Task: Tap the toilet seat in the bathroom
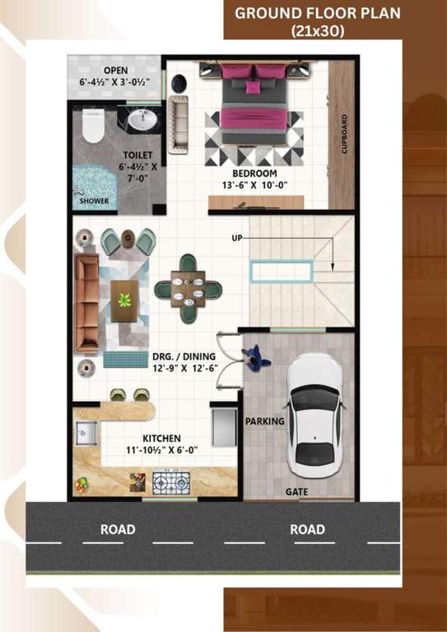[93, 127]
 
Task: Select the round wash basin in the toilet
[145, 121]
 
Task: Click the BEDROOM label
[254, 174]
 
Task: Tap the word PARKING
[265, 421]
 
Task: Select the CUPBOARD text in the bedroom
[344, 133]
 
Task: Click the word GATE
[296, 491]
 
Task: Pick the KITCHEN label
[161, 439]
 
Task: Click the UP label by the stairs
[237, 238]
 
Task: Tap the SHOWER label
[94, 201]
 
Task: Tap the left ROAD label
[118, 529]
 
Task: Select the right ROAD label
[307, 529]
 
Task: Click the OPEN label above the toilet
[115, 70]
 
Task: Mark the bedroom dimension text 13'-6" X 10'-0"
[254, 185]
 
